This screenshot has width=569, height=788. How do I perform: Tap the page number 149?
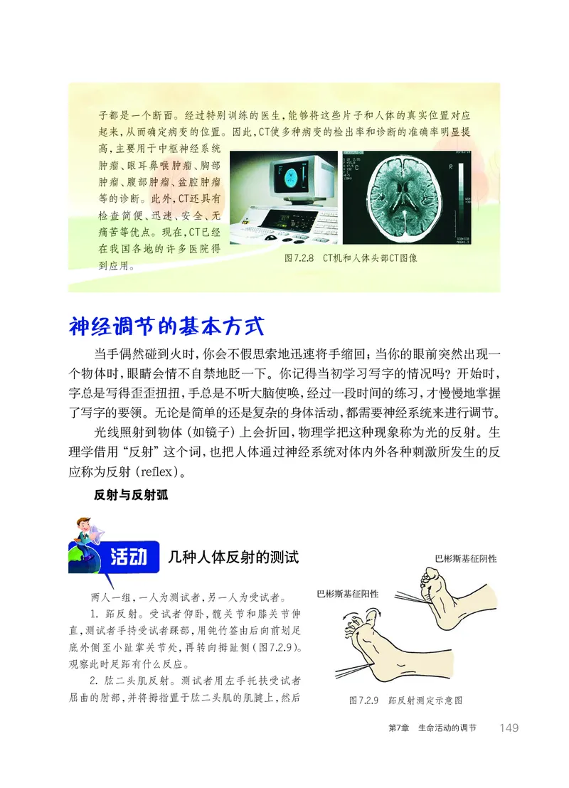509,727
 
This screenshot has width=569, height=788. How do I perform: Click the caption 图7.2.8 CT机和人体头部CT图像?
351,258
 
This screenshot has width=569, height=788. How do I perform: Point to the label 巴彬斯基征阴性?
465,558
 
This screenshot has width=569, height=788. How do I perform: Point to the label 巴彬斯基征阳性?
347,593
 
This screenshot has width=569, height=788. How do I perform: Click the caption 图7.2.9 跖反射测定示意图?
405,700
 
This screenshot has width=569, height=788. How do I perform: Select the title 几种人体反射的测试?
234,557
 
